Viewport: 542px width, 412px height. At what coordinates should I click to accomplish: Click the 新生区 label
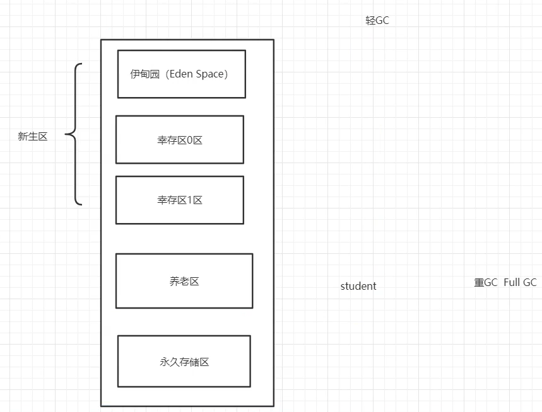click(33, 136)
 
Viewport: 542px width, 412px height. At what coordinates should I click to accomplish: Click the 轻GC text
click(377, 20)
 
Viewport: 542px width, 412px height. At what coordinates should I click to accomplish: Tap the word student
click(358, 286)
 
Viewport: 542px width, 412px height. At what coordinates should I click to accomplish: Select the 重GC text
click(486, 282)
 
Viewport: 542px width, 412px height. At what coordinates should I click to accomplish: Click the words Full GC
click(520, 282)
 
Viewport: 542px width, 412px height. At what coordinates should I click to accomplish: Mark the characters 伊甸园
click(141, 74)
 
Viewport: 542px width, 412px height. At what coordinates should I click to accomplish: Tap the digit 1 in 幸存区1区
click(190, 200)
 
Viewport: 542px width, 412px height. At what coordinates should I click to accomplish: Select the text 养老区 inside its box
click(184, 282)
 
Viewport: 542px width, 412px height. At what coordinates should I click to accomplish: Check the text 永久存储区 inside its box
click(184, 362)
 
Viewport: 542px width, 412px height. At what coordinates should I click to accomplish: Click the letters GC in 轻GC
click(382, 20)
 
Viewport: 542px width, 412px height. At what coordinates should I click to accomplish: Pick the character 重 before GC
click(479, 282)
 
